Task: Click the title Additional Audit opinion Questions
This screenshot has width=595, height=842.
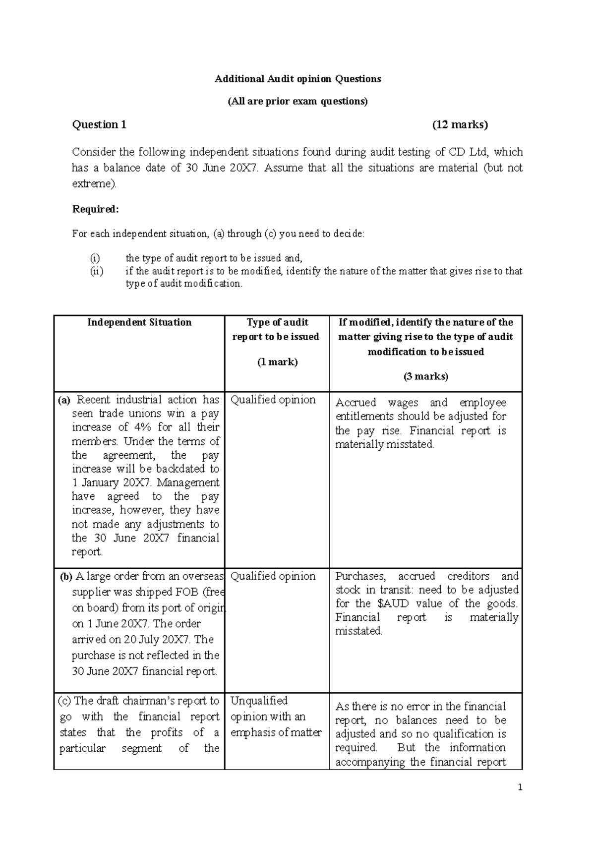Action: pyautogui.click(x=297, y=79)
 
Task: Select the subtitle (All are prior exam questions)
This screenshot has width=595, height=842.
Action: pyautogui.click(x=297, y=102)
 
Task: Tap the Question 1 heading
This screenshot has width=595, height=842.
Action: pyautogui.click(x=99, y=125)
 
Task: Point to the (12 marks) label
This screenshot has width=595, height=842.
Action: pyautogui.click(x=460, y=125)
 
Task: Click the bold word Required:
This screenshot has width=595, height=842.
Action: pyautogui.click(x=96, y=209)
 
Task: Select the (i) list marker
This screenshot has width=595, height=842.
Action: pyautogui.click(x=95, y=258)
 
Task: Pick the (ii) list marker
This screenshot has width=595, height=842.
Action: pyautogui.click(x=96, y=271)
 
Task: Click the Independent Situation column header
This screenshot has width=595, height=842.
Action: pyautogui.click(x=139, y=323)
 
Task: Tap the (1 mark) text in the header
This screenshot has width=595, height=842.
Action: pyautogui.click(x=277, y=362)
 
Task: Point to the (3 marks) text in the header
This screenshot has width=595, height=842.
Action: pyautogui.click(x=425, y=376)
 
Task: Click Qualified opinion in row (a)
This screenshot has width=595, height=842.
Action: pyautogui.click(x=273, y=400)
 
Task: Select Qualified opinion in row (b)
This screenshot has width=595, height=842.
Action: pyautogui.click(x=273, y=576)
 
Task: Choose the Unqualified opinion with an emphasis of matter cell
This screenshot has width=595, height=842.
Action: pyautogui.click(x=276, y=717)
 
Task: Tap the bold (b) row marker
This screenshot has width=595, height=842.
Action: pyautogui.click(x=66, y=577)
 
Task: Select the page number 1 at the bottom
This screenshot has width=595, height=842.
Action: pyautogui.click(x=520, y=787)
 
